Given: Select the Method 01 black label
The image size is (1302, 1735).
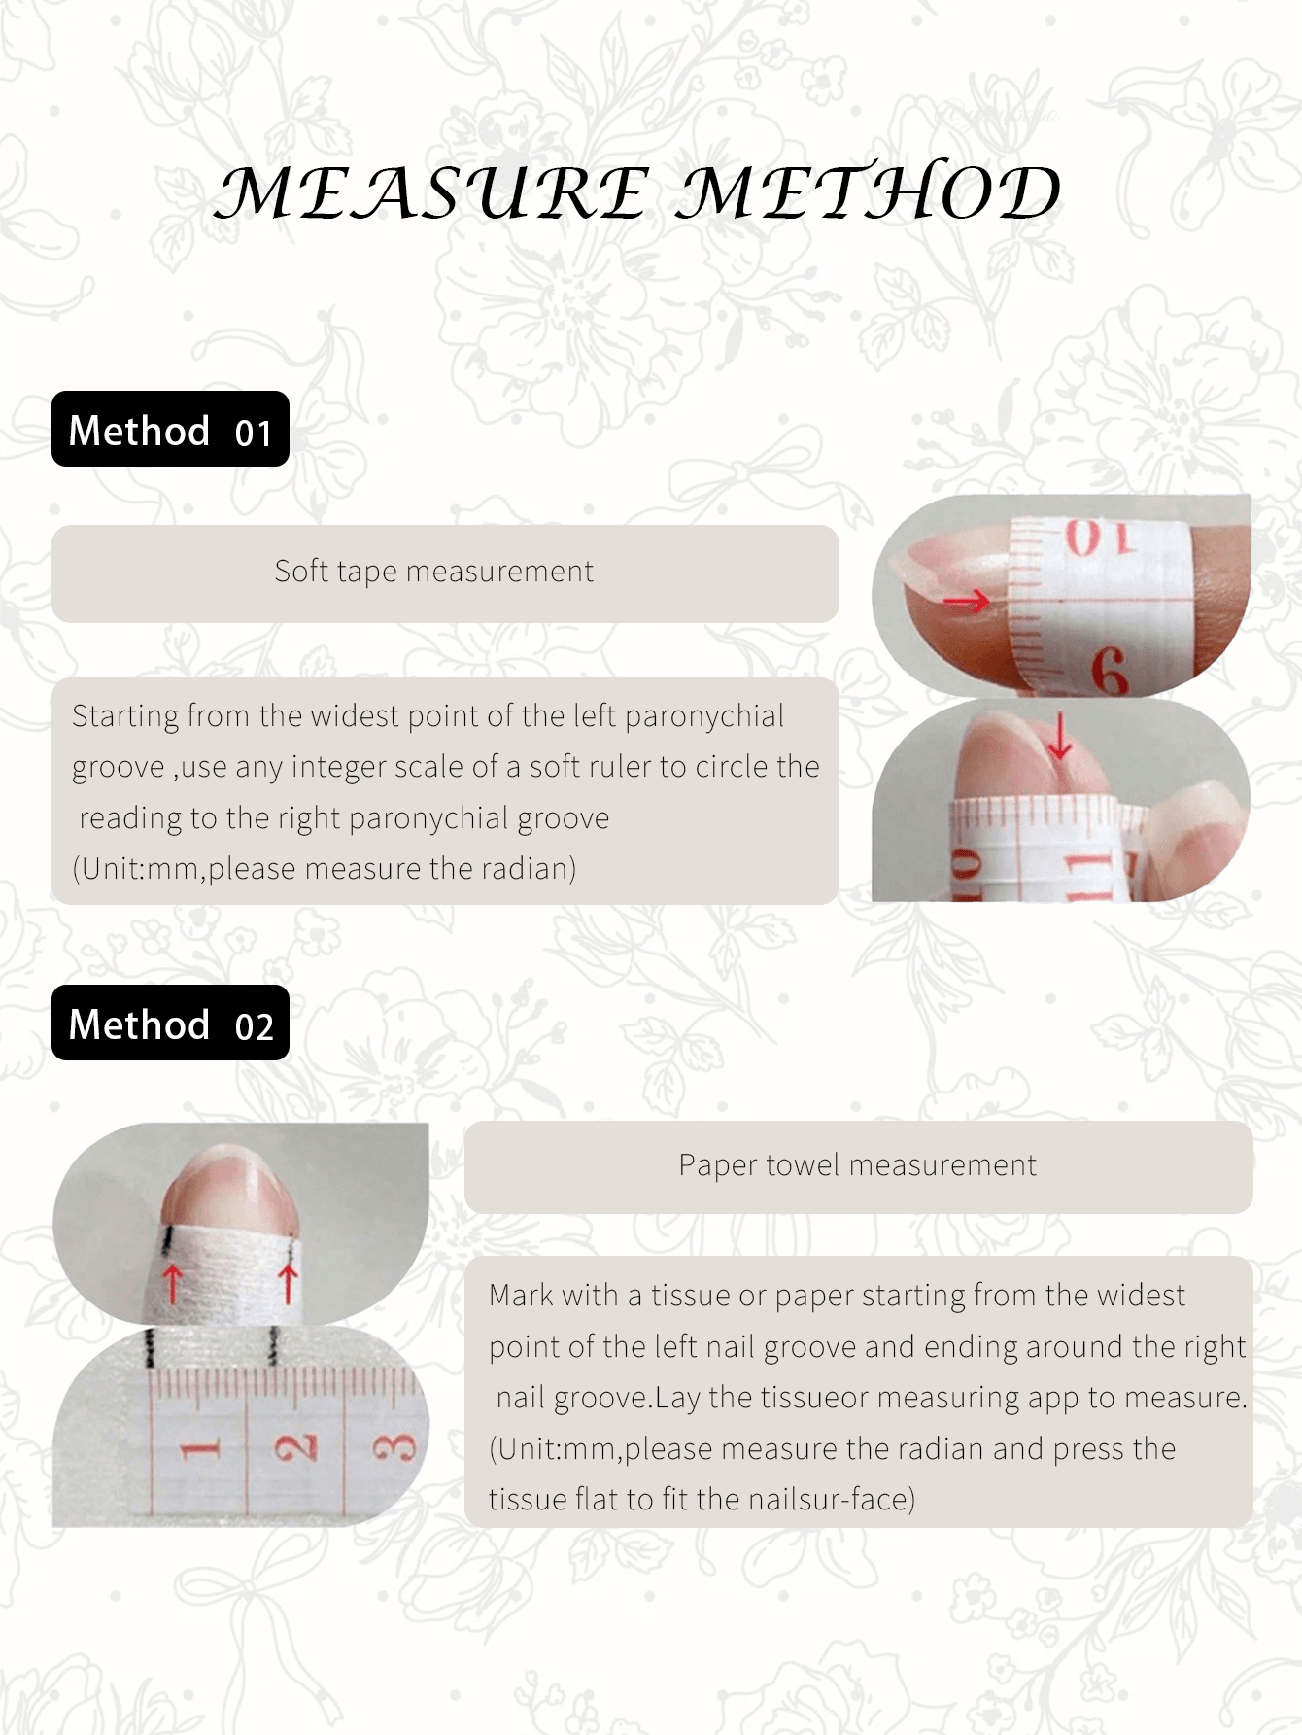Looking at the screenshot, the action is point(170,429).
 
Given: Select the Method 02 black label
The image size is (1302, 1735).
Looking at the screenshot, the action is point(170,1023).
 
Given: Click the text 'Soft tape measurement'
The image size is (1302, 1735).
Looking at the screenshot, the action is point(433,572).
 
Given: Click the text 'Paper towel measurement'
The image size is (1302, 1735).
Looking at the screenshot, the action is point(857,1164).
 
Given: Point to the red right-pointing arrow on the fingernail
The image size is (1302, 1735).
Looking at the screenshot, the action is point(967,603).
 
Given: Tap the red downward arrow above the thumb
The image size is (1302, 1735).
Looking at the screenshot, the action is point(1060,734).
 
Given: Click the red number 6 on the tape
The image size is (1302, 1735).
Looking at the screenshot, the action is point(1109,671).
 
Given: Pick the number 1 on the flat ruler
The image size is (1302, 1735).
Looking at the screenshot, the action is point(199,1450).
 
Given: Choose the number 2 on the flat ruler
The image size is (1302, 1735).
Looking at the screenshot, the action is point(296,1448).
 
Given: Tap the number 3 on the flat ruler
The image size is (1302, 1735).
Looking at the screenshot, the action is point(394,1448).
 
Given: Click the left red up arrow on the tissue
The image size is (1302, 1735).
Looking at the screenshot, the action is point(172,1283).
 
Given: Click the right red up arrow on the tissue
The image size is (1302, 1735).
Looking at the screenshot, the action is point(288,1283).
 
